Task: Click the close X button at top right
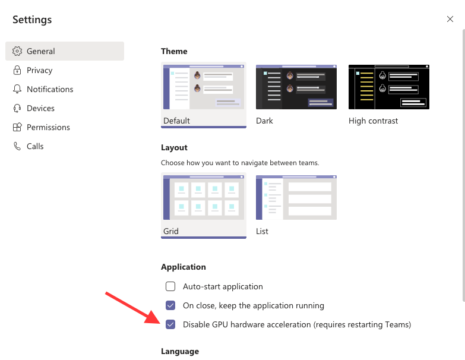tap(450, 19)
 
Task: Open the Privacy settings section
tap(39, 70)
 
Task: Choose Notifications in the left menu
tap(50, 89)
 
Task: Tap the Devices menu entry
tap(40, 108)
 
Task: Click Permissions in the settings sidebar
tap(48, 127)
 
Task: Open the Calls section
tap(35, 146)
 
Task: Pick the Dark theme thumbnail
tap(296, 87)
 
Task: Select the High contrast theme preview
tap(389, 87)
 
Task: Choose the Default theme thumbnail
tap(203, 87)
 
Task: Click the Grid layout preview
tap(203, 198)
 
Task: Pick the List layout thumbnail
tap(296, 198)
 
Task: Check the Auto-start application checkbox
tap(170, 286)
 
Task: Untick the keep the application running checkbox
tap(170, 305)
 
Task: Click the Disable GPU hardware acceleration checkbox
tap(170, 324)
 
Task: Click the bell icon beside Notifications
tap(17, 89)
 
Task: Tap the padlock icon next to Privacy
tap(17, 70)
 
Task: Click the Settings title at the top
tap(32, 20)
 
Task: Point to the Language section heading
tap(180, 352)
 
